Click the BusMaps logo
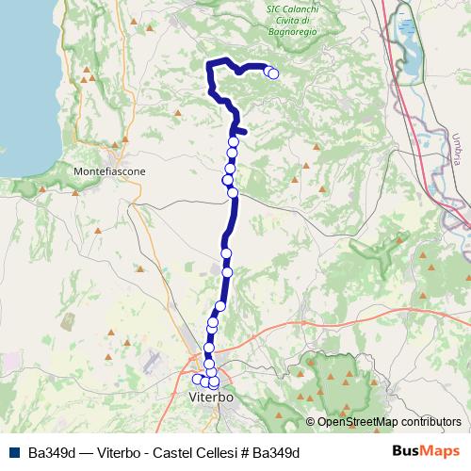point(428,451)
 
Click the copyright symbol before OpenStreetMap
point(311,422)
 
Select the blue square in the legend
point(16,452)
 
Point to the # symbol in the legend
point(244,452)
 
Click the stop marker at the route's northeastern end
point(273,73)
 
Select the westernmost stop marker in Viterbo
point(198,380)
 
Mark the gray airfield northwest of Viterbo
point(153,363)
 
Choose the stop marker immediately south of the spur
point(234,142)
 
